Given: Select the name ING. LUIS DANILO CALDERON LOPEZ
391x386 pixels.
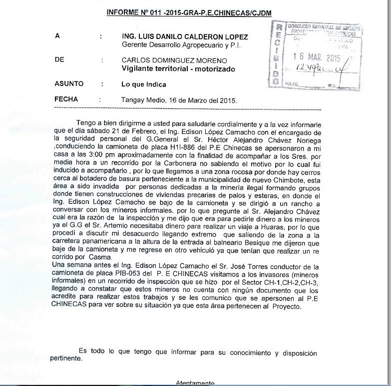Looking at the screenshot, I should tap(185, 37).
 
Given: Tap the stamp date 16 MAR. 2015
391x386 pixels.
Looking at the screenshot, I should tap(317, 57).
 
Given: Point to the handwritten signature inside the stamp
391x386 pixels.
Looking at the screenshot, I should tap(320, 69).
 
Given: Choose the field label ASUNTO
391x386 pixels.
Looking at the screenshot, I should tap(69, 83).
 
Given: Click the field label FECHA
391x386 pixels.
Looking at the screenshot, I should tap(66, 99).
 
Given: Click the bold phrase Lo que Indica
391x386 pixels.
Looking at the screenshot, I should tap(144, 84).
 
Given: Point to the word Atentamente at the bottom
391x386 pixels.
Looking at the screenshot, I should tap(195, 383).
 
